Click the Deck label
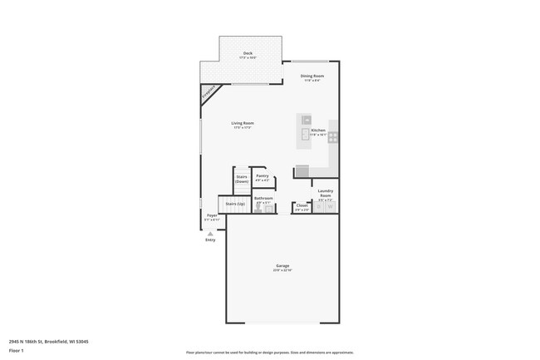pos(248,55)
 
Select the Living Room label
pos(243,125)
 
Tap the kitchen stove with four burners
pos(333,137)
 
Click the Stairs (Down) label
pos(242,179)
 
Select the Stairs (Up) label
pos(236,203)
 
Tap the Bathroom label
pos(263,200)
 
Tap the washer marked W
pos(331,207)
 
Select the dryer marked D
pos(320,207)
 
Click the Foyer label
pos(213,217)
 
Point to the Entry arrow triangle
pos(209,233)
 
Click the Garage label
pos(283,267)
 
